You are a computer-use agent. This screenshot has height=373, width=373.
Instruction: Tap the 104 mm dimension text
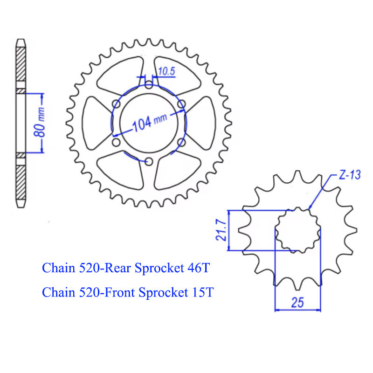tap(150, 122)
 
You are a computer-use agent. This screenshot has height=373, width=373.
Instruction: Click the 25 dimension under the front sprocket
tap(297, 302)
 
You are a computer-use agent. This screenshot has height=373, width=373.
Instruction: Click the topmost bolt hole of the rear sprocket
tap(149, 85)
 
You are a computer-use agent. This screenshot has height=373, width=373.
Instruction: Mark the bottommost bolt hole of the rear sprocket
tap(149, 161)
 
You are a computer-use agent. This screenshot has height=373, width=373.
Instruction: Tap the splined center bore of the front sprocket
tap(297, 230)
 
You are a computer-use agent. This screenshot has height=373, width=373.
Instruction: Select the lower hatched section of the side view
tap(21, 180)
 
